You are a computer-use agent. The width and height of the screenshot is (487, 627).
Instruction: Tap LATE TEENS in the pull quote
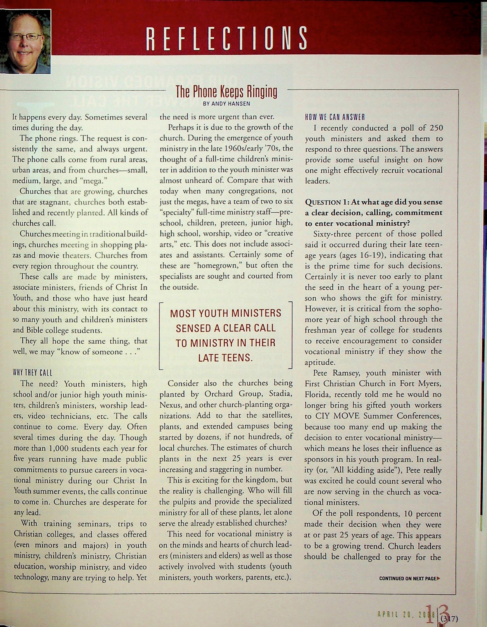click(225, 358)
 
